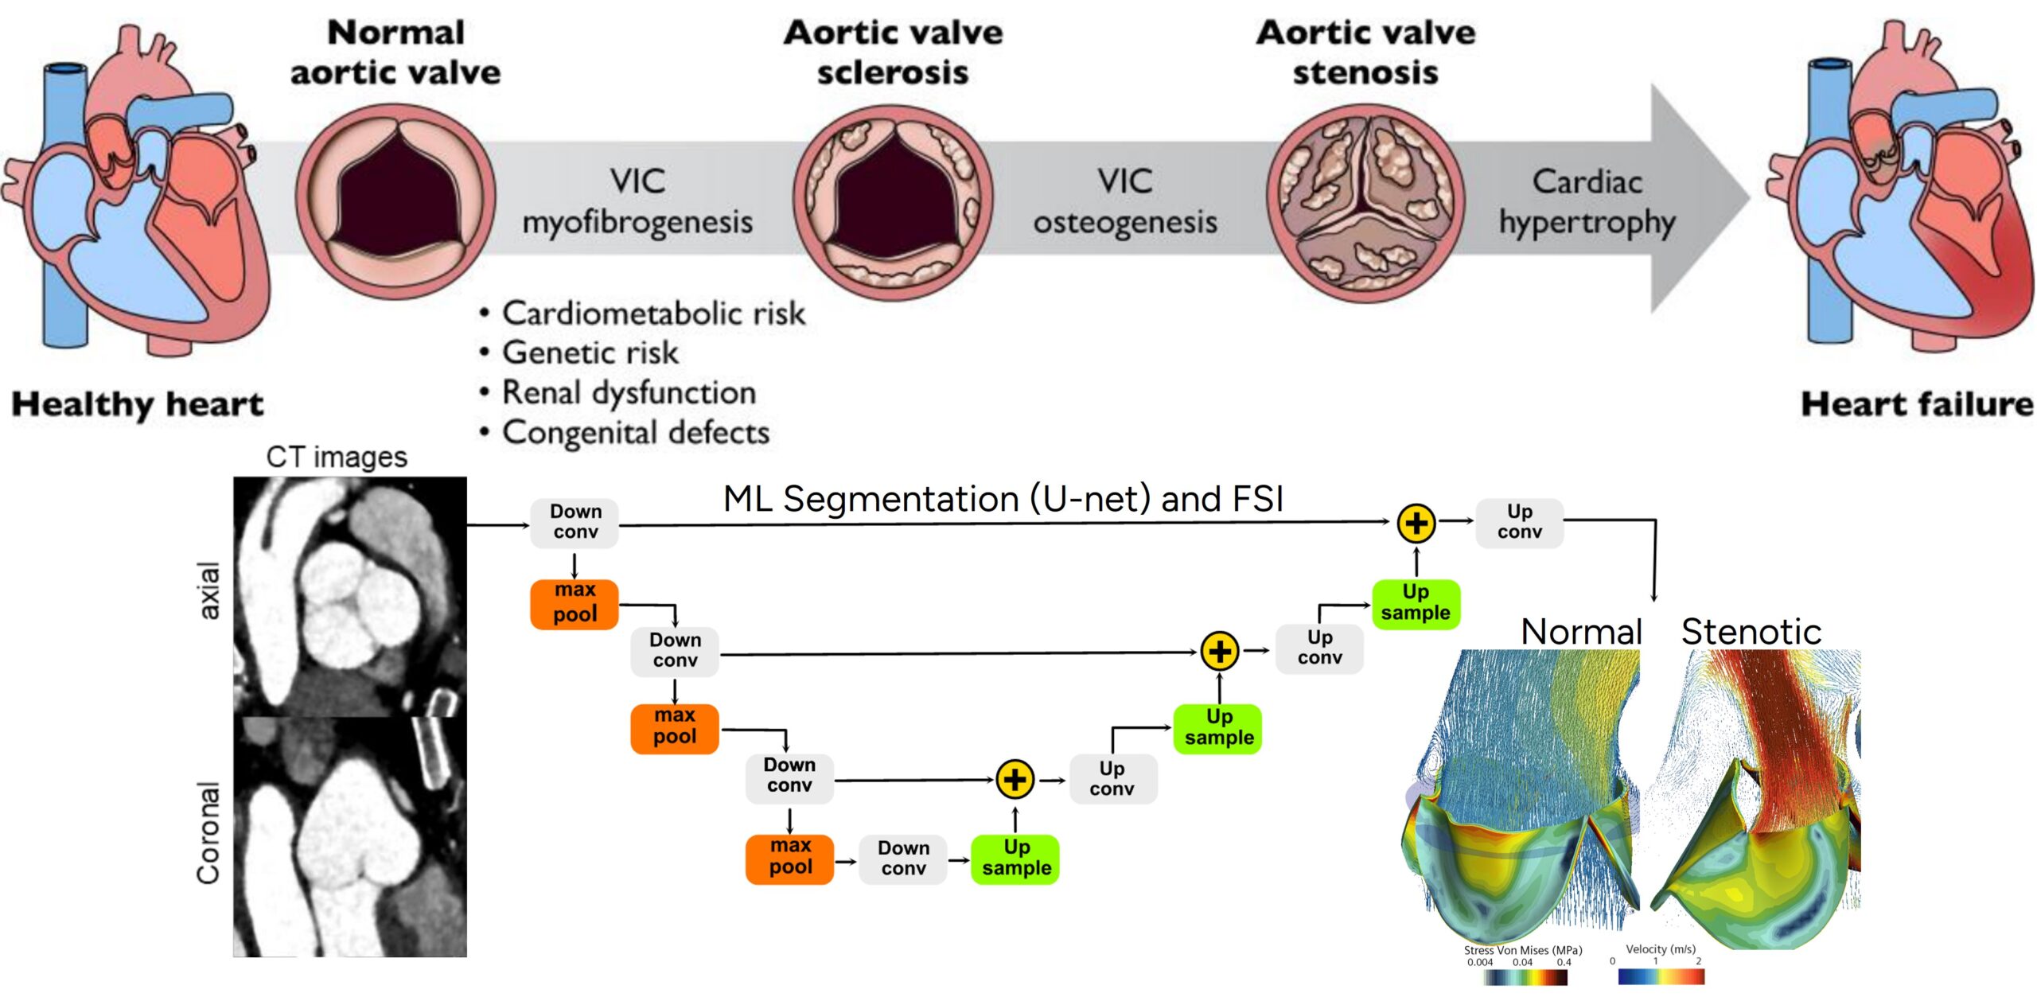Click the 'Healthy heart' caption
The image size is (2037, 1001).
137,404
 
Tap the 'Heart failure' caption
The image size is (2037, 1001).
1916,404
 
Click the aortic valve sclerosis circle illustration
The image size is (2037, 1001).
892,202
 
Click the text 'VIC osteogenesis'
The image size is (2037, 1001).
1124,201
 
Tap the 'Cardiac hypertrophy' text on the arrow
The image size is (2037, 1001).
1587,201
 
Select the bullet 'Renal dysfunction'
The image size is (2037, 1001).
628,392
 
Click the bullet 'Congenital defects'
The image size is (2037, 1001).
635,432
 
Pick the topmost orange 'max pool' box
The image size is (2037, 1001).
574,603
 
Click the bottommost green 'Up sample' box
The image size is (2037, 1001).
1015,858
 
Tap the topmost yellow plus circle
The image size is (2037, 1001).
1416,523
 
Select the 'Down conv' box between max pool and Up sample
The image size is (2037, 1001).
903,858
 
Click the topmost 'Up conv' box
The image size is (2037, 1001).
1519,522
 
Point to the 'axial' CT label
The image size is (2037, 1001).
208,590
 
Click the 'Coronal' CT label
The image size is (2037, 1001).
208,832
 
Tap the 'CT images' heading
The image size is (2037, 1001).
336,457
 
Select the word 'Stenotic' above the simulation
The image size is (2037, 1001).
1751,632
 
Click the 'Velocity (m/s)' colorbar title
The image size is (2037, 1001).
1660,949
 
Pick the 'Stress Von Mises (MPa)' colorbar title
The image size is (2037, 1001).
1522,950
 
